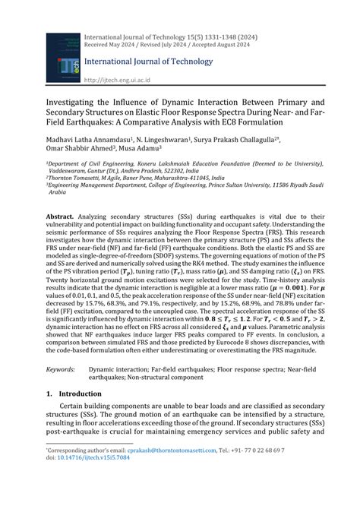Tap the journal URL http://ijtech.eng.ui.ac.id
tap(117, 79)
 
